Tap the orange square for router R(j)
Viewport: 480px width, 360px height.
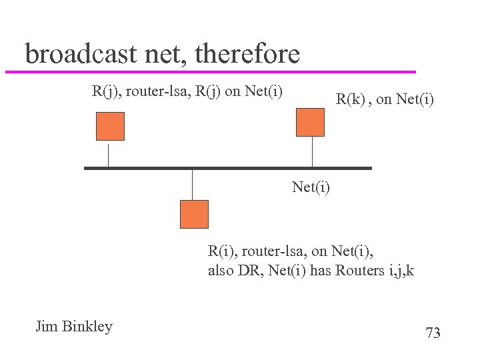[110, 126]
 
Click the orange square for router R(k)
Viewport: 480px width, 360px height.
[310, 122]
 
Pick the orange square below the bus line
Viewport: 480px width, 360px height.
[194, 214]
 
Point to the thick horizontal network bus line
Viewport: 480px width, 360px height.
[227, 168]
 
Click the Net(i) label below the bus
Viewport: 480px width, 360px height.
[311, 187]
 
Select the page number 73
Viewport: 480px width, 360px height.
[433, 333]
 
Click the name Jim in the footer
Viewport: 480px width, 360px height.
[47, 327]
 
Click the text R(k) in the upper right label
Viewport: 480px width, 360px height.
[349, 100]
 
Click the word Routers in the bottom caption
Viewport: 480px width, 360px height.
[358, 271]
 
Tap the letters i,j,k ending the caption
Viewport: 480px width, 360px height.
[399, 271]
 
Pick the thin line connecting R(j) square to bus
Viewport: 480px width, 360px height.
[108, 153]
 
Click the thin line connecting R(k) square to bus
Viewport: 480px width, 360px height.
[311, 151]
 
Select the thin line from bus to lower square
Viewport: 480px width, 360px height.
[192, 185]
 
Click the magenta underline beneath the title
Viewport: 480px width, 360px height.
[210, 71]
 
